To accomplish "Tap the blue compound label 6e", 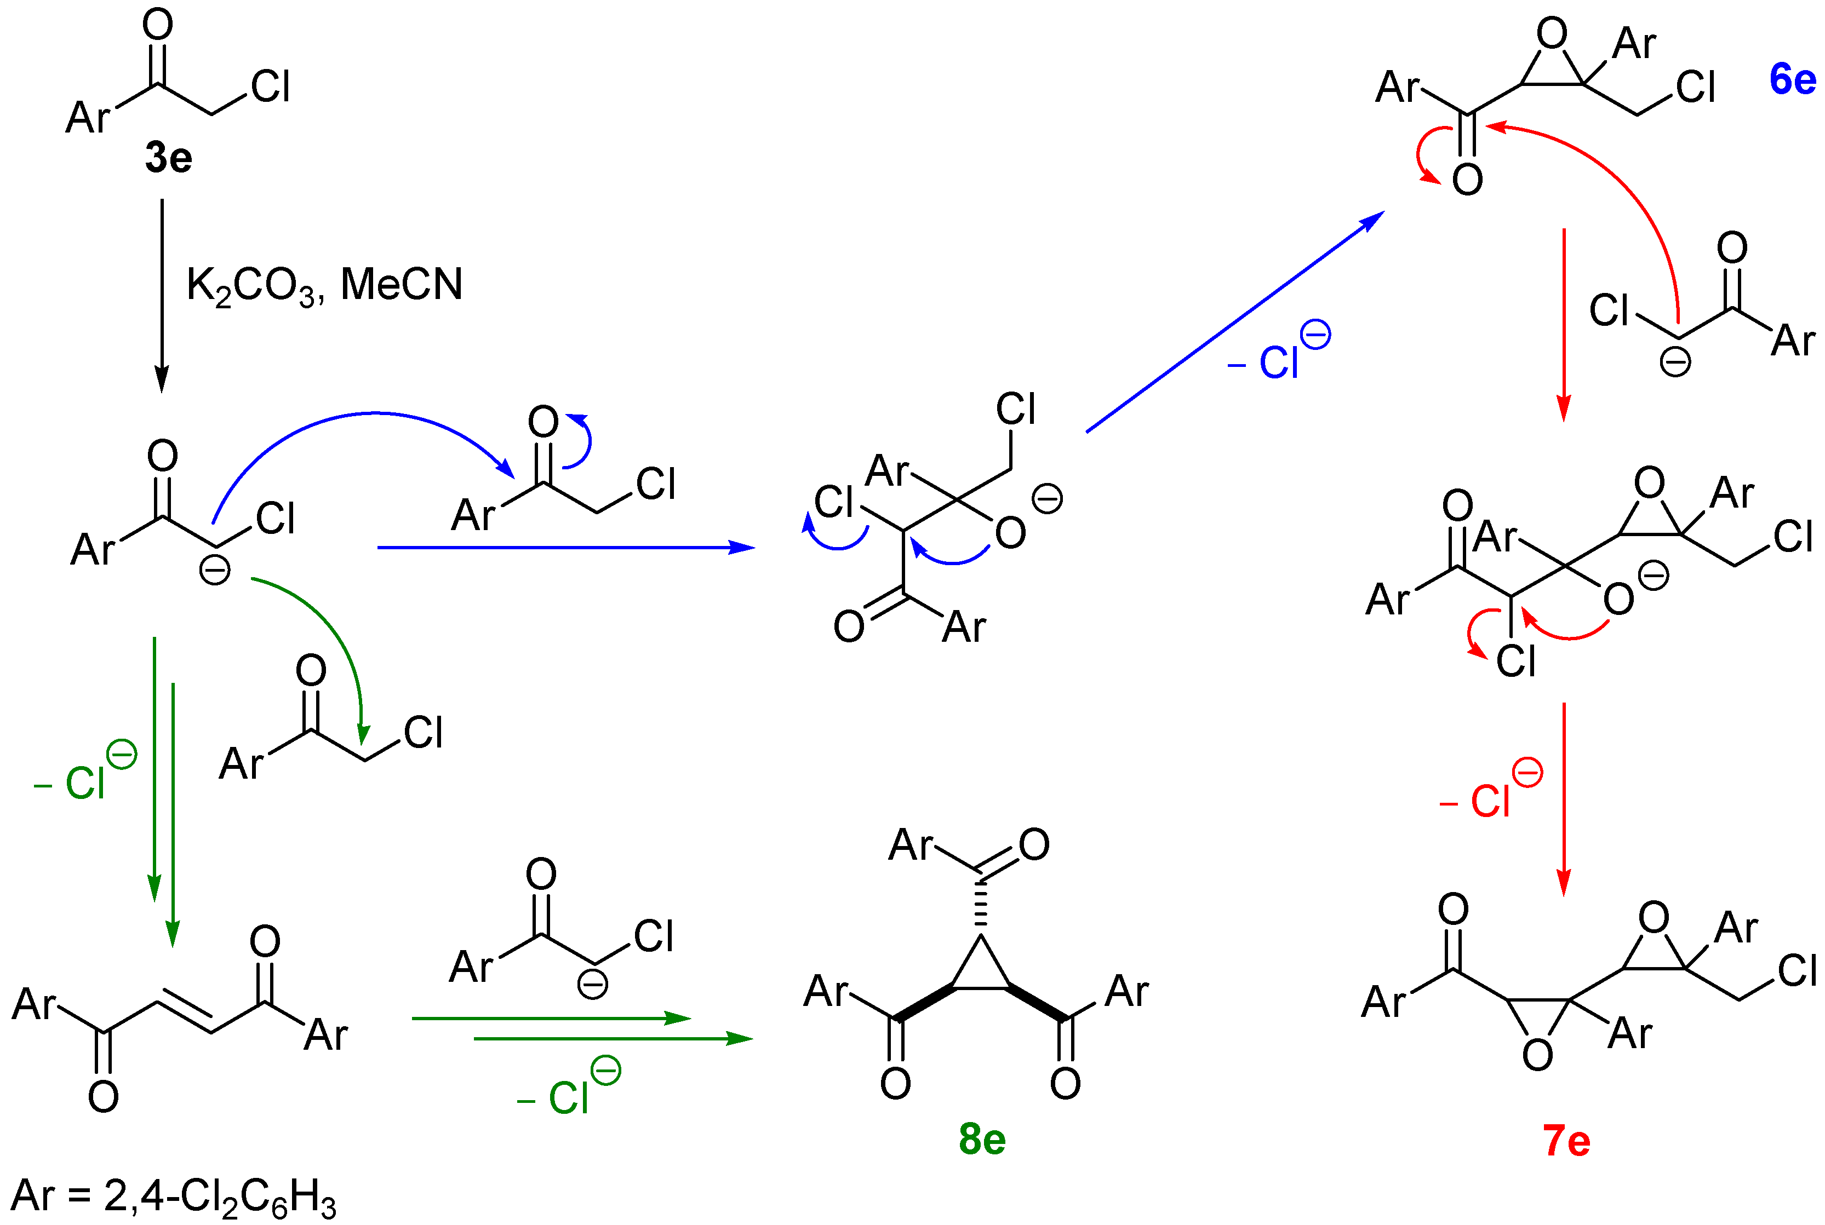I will (x=1792, y=80).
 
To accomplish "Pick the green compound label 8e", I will (x=982, y=1139).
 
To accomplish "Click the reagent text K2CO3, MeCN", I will (x=324, y=285).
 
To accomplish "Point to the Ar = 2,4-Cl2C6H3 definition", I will (x=174, y=1196).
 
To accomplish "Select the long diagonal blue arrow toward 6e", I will (x=1235, y=321).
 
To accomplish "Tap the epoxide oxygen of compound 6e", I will (x=1552, y=34).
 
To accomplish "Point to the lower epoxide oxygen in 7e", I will (x=1537, y=1055).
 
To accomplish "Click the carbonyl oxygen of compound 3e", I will (x=158, y=25).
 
